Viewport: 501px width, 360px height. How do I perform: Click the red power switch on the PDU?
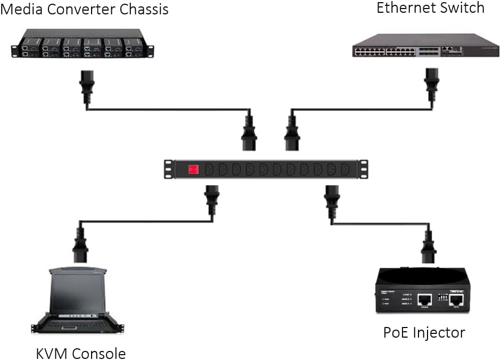pyautogui.click(x=193, y=169)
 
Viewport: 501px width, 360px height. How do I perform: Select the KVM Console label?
pyautogui.click(x=81, y=353)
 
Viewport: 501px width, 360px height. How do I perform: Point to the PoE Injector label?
pyautogui.click(x=424, y=333)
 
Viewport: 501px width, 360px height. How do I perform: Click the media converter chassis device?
pyautogui.click(x=83, y=46)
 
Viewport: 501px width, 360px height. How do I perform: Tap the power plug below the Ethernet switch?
pyautogui.click(x=432, y=85)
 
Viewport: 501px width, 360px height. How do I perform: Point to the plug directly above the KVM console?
pyautogui.click(x=80, y=245)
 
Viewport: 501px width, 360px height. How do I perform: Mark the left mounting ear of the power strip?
pyautogui.click(x=170, y=169)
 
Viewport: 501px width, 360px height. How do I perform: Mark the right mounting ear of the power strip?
pyautogui.click(x=363, y=169)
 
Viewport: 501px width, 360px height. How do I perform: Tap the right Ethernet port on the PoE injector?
pyautogui.click(x=456, y=301)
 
